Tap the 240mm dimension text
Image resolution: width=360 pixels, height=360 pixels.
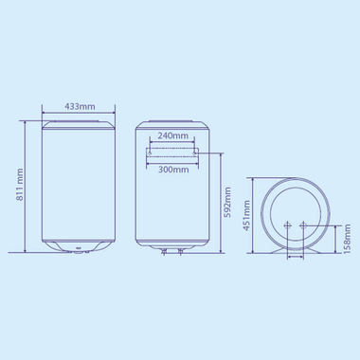[x=171, y=135]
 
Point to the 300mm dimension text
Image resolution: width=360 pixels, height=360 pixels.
[x=171, y=171]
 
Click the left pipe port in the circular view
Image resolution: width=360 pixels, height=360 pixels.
[x=287, y=225]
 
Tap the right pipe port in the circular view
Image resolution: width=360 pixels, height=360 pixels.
[x=303, y=225]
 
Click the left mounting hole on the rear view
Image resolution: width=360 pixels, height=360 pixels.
[x=149, y=149]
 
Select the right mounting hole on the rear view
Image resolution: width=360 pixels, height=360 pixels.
[x=195, y=149]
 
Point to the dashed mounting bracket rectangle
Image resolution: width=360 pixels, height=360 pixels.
[x=171, y=153]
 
